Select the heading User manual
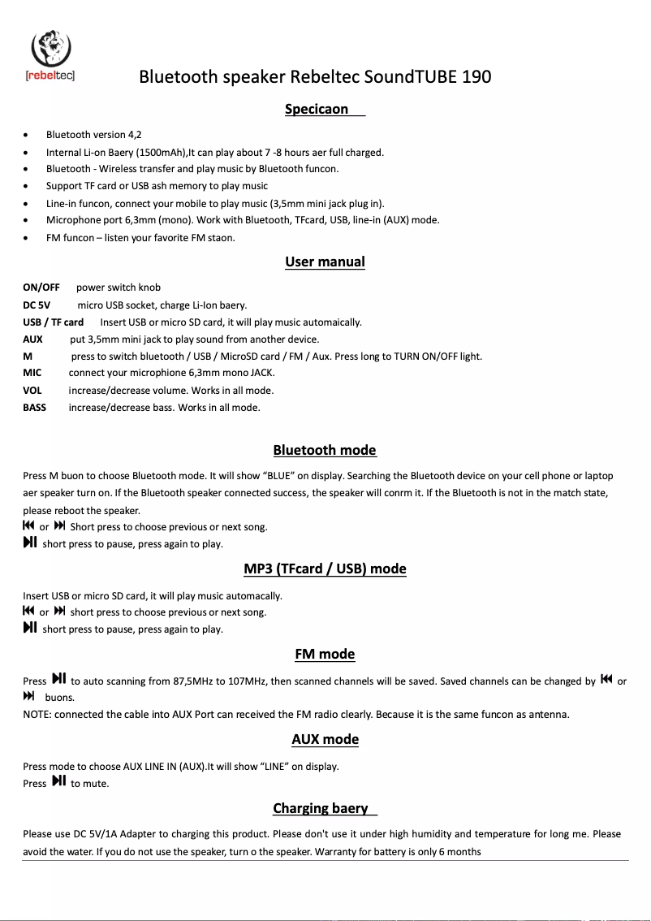(x=325, y=262)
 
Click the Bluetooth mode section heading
(x=325, y=450)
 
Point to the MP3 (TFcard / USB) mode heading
(x=325, y=569)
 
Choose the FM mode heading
(x=325, y=654)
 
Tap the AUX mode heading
(x=325, y=739)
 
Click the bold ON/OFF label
(x=41, y=288)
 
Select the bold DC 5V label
(x=37, y=305)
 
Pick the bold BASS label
(x=35, y=408)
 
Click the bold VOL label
(x=32, y=391)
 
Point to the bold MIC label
(x=32, y=374)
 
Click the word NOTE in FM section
(x=37, y=715)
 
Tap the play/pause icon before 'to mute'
(x=58, y=781)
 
